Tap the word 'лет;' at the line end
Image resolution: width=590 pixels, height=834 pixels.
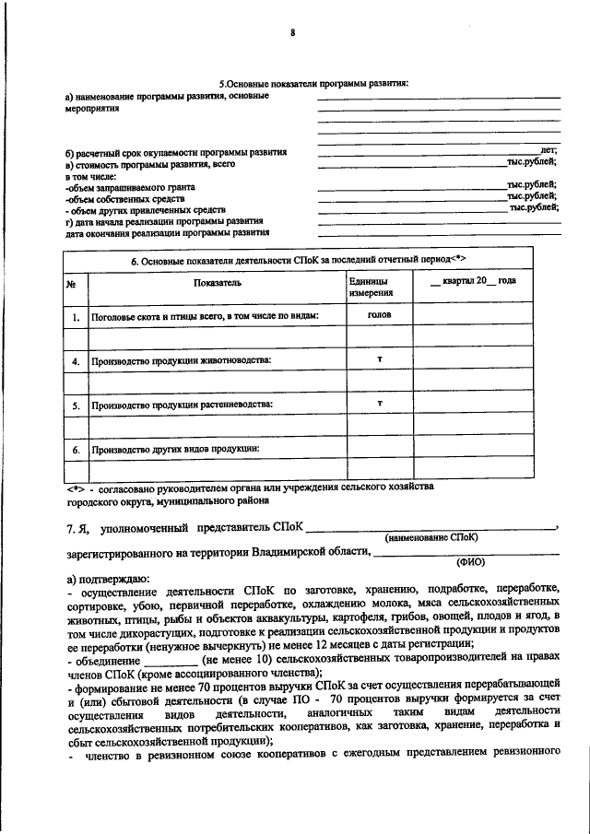point(549,150)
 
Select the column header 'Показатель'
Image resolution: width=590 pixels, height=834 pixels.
point(217,283)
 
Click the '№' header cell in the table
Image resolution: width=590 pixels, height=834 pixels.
point(72,283)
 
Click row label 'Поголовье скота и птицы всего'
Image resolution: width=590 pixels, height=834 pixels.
point(204,316)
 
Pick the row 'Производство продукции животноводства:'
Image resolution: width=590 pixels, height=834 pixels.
point(181,360)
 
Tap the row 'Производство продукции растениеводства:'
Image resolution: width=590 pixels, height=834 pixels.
point(183,405)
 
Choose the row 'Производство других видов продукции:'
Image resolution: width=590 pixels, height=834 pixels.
point(175,449)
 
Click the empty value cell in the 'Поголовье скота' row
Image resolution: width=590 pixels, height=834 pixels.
point(472,316)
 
